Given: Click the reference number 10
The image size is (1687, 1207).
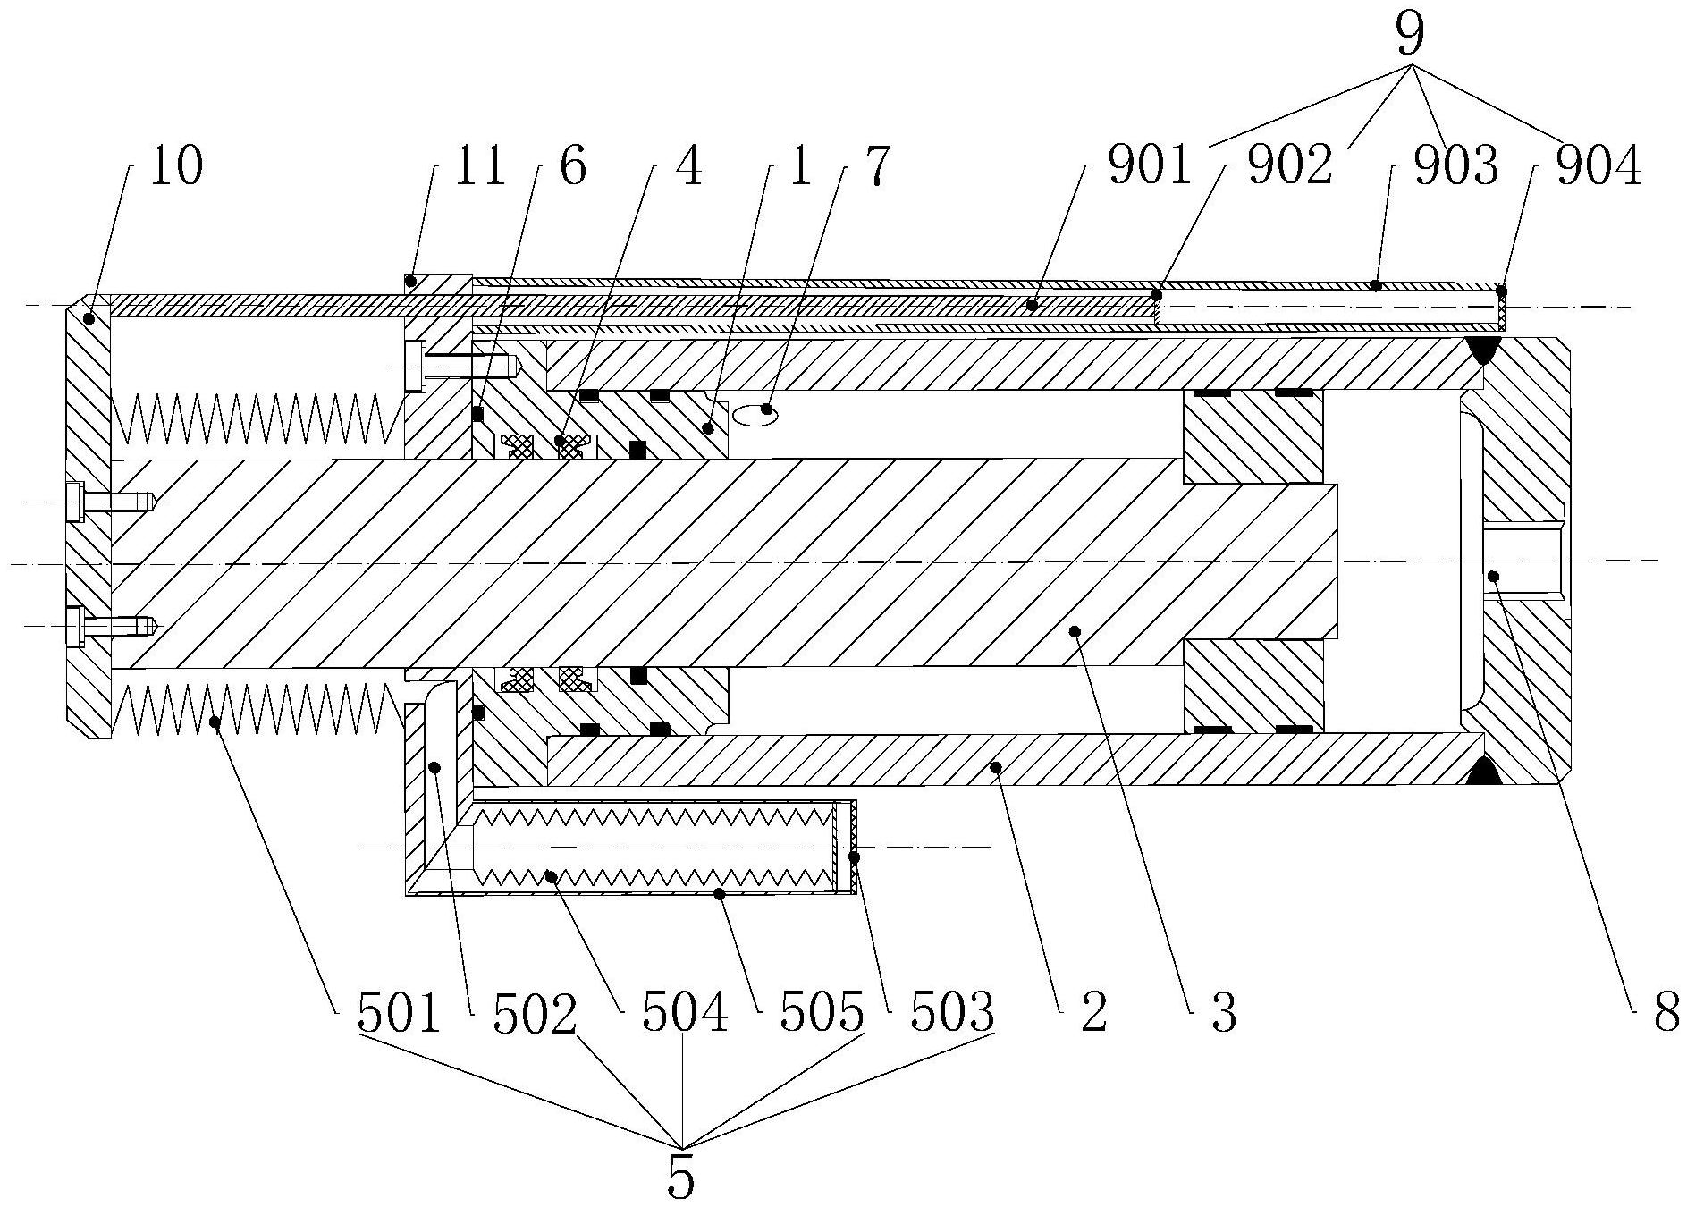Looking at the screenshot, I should coord(176,166).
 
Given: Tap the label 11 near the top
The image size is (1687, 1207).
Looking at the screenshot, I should coord(480,166).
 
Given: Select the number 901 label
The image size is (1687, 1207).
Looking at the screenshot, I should coord(1149,166).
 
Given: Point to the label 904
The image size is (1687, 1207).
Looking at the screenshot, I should coord(1598,166).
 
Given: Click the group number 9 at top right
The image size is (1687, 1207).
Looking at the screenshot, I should coord(1409,34).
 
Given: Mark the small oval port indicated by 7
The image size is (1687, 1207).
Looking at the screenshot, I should coord(755,413).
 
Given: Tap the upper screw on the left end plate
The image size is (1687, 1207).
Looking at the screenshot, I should coord(112,500).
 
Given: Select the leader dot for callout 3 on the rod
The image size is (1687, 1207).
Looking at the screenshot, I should coord(1075,631).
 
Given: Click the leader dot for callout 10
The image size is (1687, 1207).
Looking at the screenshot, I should coord(89,317).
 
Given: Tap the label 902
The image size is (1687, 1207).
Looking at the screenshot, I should coord(1290,166).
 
